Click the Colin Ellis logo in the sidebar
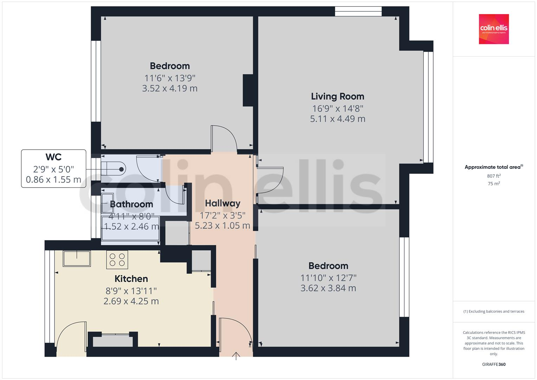tap(494, 29)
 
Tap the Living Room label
tap(337, 96)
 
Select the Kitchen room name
tap(131, 279)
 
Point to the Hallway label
tap(223, 203)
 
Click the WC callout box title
tap(53, 157)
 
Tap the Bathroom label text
tap(132, 204)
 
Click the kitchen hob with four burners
tap(117, 260)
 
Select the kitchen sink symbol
tap(77, 259)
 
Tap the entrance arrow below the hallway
tap(236, 356)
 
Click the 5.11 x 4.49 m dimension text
tap(337, 119)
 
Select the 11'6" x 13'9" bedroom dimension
tap(170, 78)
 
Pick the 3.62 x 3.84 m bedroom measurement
tap(328, 288)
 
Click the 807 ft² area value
tap(494, 176)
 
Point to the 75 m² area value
tap(494, 183)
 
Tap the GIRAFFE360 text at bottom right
tap(494, 364)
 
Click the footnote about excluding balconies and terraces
tap(494, 311)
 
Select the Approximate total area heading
tap(492, 167)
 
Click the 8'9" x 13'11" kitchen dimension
tap(131, 291)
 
